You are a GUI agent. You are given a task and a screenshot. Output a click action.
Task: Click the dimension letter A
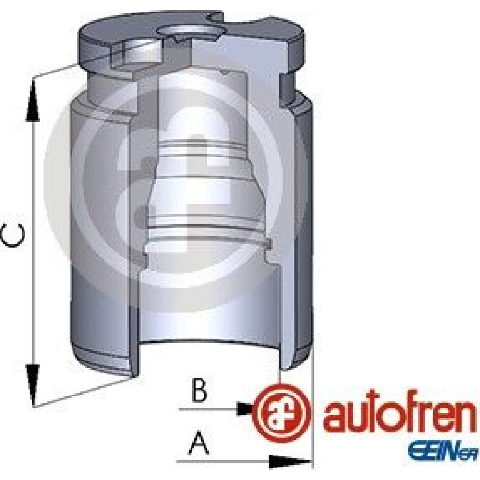tap(199, 443)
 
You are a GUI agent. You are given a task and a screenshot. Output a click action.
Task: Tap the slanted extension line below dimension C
tap(83, 392)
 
